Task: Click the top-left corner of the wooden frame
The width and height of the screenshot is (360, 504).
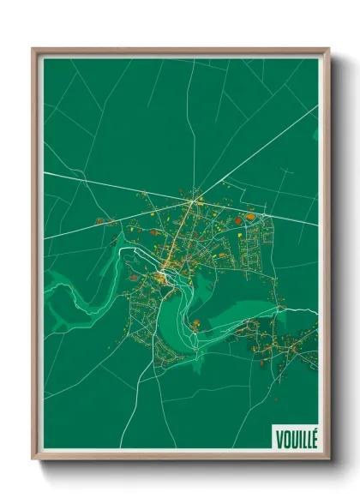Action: coord(33,49)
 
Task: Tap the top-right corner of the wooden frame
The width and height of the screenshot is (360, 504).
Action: coord(328,49)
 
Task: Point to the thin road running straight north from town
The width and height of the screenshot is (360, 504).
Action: coord(195,129)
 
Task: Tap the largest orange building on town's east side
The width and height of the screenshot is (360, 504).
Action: coord(250,218)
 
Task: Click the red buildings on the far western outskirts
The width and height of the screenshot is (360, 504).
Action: coord(100,221)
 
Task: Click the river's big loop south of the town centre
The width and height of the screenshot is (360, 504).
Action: coord(184,317)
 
